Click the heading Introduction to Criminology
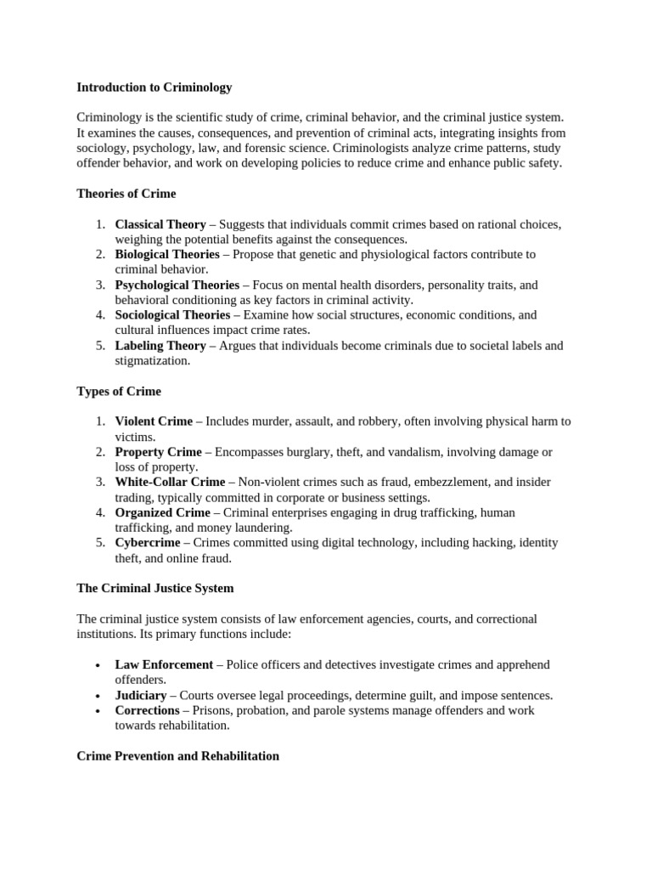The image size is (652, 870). click(x=154, y=87)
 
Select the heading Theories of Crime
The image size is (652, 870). click(x=126, y=194)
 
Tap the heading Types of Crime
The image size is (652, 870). click(x=119, y=392)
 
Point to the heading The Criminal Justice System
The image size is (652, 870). click(x=155, y=588)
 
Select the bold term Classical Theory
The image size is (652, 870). click(x=160, y=224)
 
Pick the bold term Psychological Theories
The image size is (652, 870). click(x=176, y=285)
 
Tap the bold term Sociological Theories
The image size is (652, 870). click(x=172, y=315)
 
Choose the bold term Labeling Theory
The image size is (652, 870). click(x=160, y=346)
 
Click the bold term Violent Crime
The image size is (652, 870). click(x=154, y=421)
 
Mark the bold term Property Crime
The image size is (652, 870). click(x=159, y=452)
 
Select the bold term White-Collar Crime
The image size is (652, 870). click(x=170, y=483)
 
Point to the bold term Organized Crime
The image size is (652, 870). click(x=161, y=513)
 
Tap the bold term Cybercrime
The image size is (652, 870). click(x=148, y=543)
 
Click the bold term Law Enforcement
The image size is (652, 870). click(x=164, y=664)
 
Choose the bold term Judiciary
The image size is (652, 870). click(x=141, y=695)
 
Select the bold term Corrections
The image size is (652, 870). click(x=147, y=710)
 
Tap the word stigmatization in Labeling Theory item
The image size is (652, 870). click(x=153, y=361)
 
